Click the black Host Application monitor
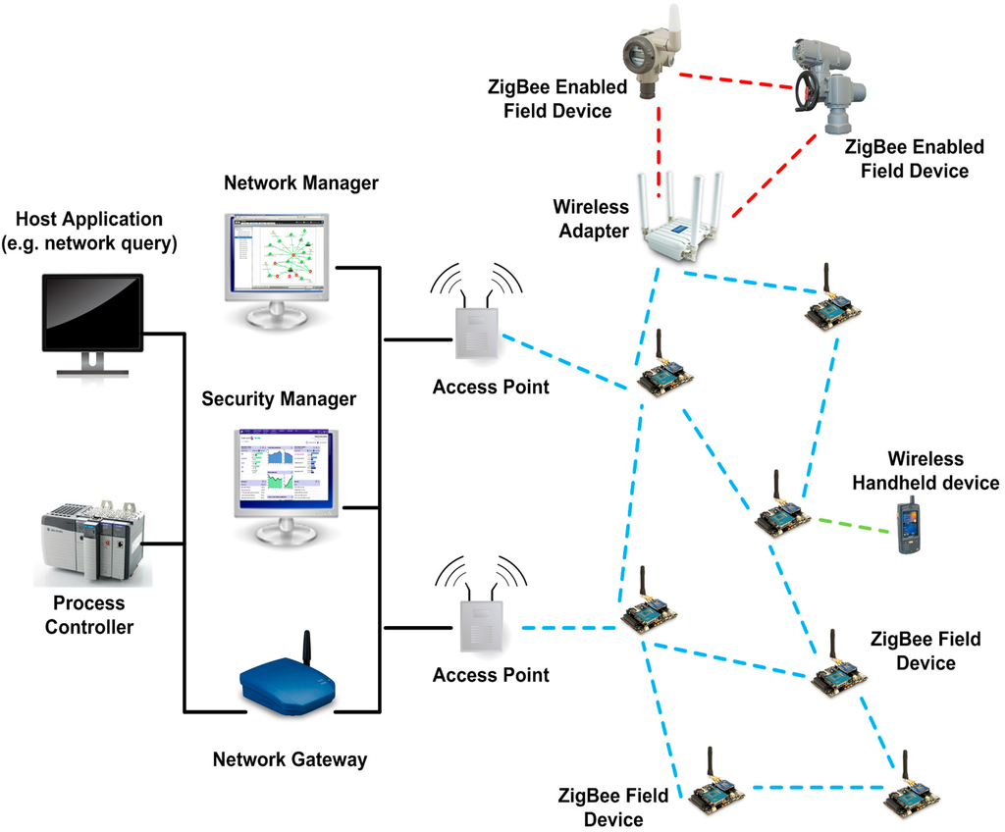(x=92, y=314)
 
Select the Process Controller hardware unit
(x=92, y=545)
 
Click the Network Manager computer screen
(x=278, y=253)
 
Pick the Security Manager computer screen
(x=282, y=468)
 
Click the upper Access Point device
(x=476, y=334)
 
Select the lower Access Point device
(x=480, y=627)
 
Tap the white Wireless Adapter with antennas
(x=681, y=222)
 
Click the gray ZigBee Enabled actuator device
(x=827, y=82)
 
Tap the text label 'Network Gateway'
(x=290, y=758)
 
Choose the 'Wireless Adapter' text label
(x=590, y=221)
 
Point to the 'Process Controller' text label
(x=88, y=614)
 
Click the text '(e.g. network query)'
(x=90, y=243)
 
